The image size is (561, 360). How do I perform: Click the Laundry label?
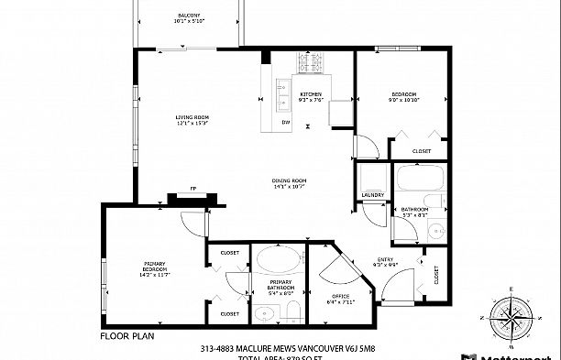click(372, 194)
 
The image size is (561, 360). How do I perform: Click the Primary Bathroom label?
click(280, 286)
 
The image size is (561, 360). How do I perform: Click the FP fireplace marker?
click(192, 188)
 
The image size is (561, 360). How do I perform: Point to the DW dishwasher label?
click(286, 122)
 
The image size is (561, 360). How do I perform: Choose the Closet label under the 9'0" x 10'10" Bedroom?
click(422, 151)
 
